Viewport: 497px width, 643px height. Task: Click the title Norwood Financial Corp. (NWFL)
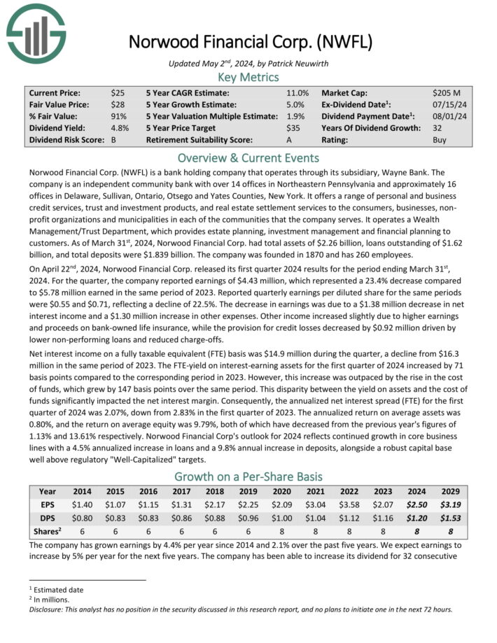[x=248, y=41]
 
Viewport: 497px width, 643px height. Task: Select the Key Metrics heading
[x=248, y=77]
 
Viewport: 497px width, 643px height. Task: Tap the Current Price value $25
[x=117, y=92]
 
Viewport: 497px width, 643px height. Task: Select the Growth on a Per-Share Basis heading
[x=248, y=476]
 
